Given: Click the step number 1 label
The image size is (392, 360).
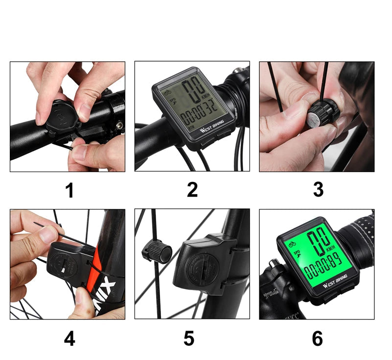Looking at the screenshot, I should [70, 190].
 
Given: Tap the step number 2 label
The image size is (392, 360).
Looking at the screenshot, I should [192, 190].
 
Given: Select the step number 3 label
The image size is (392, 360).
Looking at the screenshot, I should [318, 190].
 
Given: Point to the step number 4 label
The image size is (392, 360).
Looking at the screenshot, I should [69, 338].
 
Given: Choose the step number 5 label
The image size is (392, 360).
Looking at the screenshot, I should [189, 338].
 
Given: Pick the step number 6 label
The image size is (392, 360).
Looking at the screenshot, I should [318, 338].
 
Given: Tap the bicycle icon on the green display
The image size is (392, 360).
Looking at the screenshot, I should [292, 243].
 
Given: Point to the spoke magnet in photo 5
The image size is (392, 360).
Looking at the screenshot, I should [157, 253].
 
